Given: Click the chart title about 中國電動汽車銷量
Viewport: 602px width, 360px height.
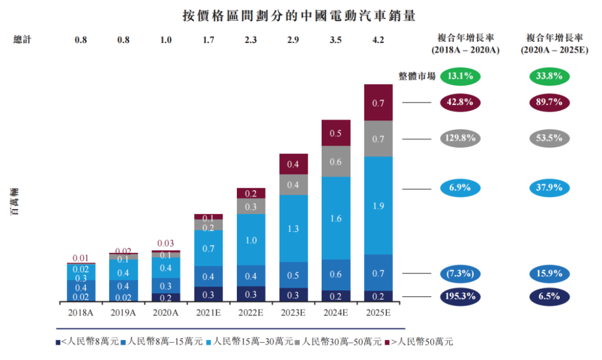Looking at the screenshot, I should pos(299,15).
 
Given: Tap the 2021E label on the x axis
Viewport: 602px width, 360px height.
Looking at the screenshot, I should pos(208,313).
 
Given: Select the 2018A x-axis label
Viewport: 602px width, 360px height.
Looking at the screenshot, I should pos(81,313).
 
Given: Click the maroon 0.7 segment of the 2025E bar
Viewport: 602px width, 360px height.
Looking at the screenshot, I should pos(378,103).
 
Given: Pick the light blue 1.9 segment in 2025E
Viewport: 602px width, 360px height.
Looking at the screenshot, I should pos(378,206).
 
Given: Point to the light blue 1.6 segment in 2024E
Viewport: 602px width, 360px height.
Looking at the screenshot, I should pos(336,218).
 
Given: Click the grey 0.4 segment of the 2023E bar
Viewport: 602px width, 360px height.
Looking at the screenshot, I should pos(293,184).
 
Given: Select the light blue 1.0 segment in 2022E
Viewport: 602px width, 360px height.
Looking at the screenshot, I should pos(251,240).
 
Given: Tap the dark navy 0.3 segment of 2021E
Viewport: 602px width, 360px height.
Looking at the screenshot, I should pos(208,294).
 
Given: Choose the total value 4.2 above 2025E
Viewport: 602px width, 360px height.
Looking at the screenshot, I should pos(378,40).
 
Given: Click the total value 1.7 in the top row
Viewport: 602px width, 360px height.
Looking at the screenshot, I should pos(208,40).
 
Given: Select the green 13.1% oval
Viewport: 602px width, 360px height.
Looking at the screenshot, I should pos(460,76).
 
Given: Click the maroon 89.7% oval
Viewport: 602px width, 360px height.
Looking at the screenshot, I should pos(549,103).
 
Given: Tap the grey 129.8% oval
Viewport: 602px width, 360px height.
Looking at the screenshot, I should pos(460,138).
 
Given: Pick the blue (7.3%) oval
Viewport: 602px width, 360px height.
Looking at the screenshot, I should pos(460,274).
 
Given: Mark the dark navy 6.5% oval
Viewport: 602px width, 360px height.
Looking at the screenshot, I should pos(549,296).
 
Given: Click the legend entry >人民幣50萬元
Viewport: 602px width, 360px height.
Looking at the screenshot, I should pos(419,342).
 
